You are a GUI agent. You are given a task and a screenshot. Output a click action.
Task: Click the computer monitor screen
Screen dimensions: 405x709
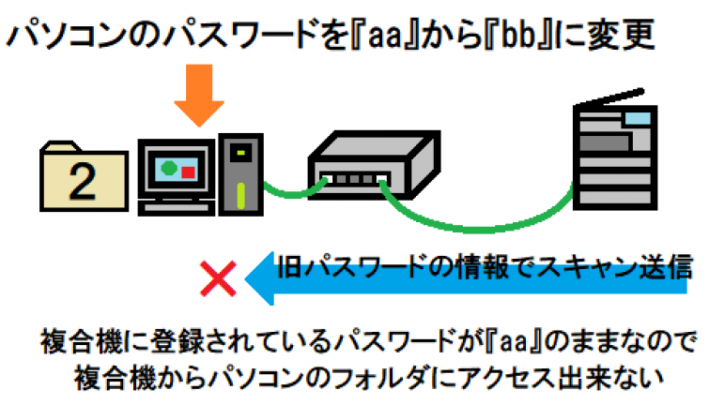176,172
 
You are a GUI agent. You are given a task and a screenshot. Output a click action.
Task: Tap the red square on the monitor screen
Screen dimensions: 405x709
188,172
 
